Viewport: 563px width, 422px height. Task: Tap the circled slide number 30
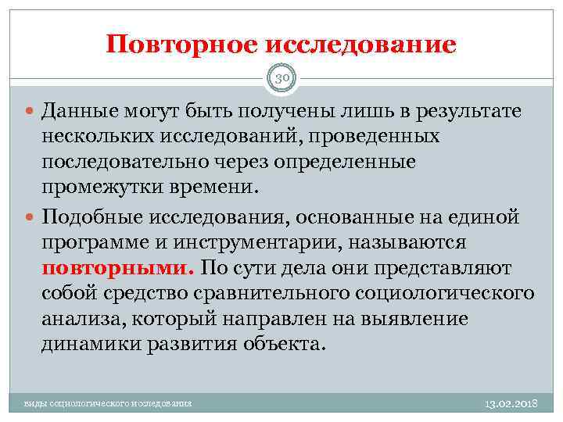282,79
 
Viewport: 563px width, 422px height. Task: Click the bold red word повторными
117,268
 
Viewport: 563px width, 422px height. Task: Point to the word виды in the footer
35,404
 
